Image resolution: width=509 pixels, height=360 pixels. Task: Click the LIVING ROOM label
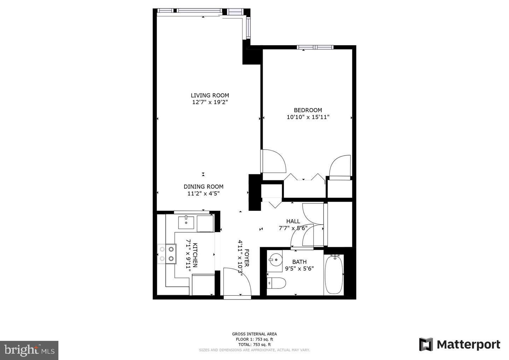(210, 95)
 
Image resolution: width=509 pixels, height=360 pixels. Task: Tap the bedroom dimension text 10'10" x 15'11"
(308, 117)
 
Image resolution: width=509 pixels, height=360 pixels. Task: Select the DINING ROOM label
(203, 187)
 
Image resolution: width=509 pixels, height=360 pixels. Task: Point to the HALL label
(293, 221)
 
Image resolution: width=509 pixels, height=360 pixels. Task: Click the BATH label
(299, 262)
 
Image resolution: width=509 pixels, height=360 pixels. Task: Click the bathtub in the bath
(334, 274)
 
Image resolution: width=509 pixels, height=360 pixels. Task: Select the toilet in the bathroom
(276, 283)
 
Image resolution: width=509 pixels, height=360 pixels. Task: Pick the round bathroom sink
(274, 260)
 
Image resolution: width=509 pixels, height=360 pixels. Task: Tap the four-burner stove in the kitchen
(167, 254)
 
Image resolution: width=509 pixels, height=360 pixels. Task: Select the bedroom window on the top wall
(315, 47)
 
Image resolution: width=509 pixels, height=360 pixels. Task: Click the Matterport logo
(460, 344)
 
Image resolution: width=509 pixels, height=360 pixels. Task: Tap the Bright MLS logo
(29, 350)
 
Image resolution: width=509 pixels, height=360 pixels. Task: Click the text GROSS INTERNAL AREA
(254, 334)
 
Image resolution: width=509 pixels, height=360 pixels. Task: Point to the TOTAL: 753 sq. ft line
(254, 344)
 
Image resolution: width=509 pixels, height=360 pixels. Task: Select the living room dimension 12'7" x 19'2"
(210, 102)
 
